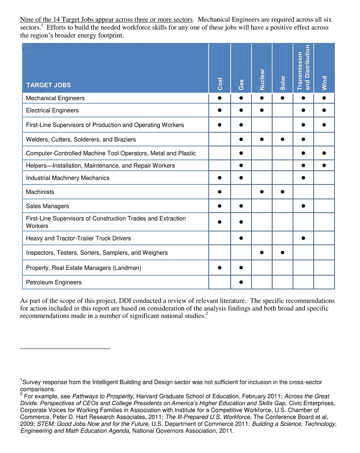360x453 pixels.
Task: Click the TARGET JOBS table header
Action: tap(49, 85)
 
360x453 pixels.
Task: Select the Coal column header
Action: tap(220, 84)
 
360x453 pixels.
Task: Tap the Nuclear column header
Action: tap(262, 79)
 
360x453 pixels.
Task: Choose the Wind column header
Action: tap(324, 83)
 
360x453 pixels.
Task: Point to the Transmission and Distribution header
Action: tap(303, 68)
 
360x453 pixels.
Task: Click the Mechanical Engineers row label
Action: tap(55, 98)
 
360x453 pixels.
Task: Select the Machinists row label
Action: tap(40, 192)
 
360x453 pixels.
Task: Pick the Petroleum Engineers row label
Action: tap(54, 283)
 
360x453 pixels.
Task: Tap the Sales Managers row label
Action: tap(48, 206)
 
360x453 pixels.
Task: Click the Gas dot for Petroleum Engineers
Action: tap(241, 282)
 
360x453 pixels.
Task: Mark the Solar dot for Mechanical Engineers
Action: tap(283, 98)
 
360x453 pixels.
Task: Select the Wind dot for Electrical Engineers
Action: tap(324, 110)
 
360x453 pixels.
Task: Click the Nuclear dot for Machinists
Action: tap(262, 192)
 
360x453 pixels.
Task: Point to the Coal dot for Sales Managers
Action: tap(220, 206)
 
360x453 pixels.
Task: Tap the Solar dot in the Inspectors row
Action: tap(283, 253)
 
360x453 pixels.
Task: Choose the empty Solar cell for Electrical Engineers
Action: tap(283, 110)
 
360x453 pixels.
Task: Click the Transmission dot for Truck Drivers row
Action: tap(303, 238)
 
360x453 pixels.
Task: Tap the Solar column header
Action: tap(283, 83)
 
